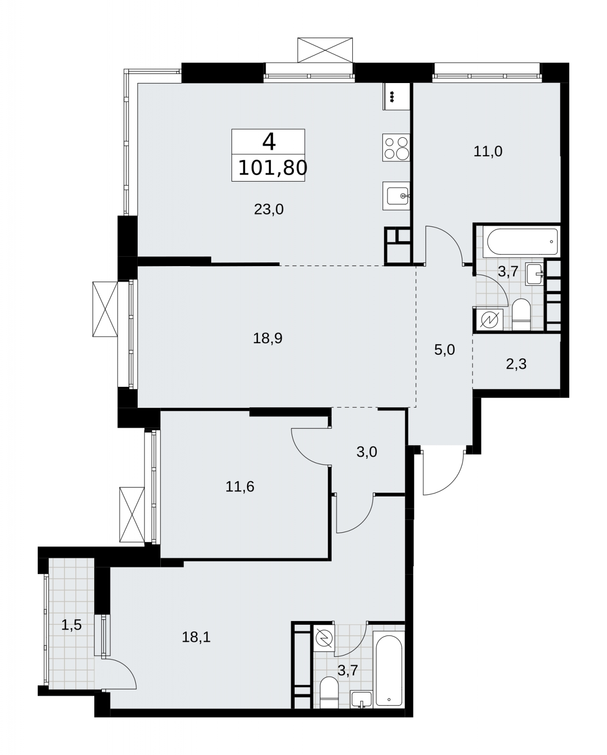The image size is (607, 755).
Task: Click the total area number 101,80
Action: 273,168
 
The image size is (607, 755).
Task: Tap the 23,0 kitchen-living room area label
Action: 269,210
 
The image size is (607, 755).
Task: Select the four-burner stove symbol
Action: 396,147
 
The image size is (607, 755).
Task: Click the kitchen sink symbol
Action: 396,196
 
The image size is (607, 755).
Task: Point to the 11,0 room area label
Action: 488,151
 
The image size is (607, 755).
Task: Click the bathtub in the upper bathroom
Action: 521,242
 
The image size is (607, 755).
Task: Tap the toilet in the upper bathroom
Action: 522,314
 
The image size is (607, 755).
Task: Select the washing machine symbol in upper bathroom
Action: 488,319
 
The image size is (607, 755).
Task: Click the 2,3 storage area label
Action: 516,364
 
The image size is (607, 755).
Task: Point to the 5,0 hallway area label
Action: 445,350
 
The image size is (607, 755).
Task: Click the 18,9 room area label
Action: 267,338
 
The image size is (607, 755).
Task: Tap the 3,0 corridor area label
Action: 367,452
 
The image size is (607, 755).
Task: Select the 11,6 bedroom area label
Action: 240,487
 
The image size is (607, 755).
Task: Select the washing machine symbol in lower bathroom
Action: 324,638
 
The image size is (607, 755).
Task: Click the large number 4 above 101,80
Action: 269,142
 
